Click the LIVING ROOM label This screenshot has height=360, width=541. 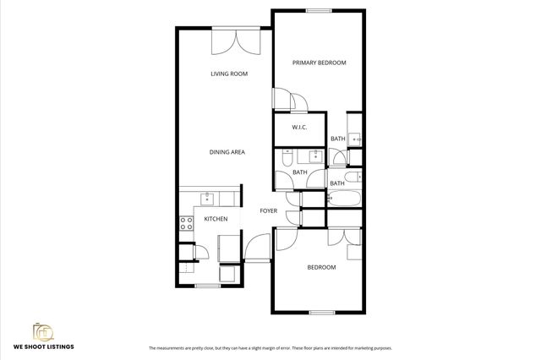pos(228,74)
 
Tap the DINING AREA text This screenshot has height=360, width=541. pos(227,152)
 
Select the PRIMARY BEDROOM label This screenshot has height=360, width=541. pos(320,63)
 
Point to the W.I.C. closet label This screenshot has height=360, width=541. pos(298,128)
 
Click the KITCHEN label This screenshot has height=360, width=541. pos(216,220)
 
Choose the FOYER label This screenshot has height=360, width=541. pos(268,210)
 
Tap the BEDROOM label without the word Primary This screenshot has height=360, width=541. pos(321,267)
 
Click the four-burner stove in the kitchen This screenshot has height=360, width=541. pos(185,224)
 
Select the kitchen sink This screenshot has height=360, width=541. pos(207,199)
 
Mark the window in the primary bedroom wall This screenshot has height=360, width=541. pos(319,11)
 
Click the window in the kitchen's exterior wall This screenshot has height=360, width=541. pos(207,286)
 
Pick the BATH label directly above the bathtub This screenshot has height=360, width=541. pos(337,183)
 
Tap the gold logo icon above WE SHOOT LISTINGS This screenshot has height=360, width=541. pos(43,330)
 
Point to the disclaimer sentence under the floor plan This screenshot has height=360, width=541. pos(270,348)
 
